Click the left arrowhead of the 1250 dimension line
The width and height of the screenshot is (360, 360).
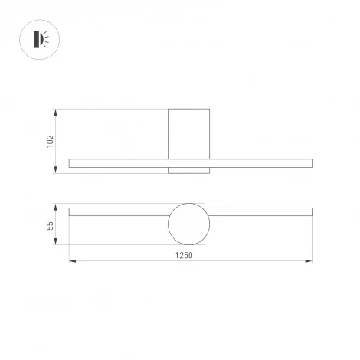point(72,261)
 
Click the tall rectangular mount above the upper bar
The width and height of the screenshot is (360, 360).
point(188,133)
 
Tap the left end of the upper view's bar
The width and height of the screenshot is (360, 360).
point(70,162)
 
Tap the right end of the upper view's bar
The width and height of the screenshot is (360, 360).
point(311,162)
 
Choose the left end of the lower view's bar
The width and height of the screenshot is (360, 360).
point(70,211)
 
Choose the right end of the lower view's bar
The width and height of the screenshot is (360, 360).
point(311,211)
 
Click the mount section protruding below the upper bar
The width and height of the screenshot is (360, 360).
point(188,170)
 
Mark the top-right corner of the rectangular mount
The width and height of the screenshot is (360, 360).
point(209,110)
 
